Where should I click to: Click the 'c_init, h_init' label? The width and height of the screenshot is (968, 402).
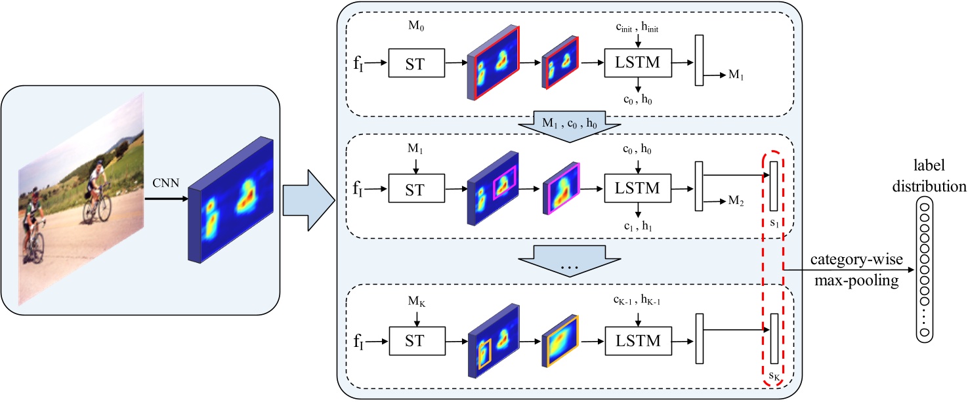click(x=637, y=27)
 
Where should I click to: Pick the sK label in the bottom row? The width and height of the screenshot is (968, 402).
click(x=776, y=377)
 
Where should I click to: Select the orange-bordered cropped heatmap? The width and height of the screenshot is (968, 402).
click(x=562, y=340)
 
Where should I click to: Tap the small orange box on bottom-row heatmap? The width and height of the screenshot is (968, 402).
click(x=484, y=353)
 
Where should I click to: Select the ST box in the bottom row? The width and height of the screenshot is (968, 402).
click(x=416, y=340)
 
